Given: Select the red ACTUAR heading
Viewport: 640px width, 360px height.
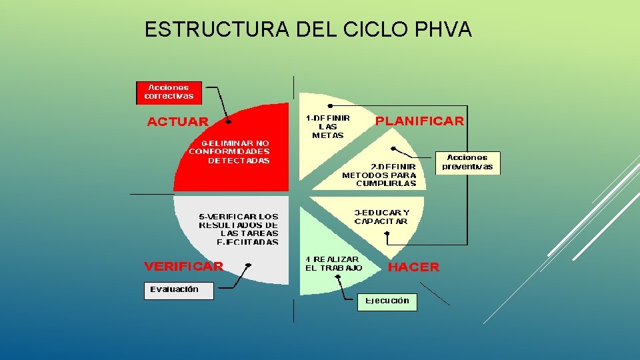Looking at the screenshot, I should (x=177, y=121).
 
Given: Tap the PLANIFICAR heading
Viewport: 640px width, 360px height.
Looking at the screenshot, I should (x=419, y=121).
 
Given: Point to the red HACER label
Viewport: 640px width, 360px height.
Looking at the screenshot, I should (x=413, y=267).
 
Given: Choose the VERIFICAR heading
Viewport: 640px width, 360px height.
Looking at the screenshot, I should (x=184, y=266).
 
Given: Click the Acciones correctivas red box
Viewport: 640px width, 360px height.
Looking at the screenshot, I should (x=169, y=92).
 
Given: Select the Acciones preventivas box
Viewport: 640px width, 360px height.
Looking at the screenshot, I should (x=467, y=163).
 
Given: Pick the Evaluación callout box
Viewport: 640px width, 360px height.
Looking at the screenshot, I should (x=179, y=290).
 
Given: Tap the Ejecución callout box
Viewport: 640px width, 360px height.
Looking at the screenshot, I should (x=387, y=301).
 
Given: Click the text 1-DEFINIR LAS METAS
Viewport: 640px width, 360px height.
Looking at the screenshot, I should (x=328, y=126).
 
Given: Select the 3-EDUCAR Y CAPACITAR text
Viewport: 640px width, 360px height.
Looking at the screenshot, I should (x=381, y=217).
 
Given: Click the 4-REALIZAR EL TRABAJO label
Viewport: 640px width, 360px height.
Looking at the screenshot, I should (x=333, y=263).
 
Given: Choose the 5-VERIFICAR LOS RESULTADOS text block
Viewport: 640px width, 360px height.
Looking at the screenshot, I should (x=239, y=229).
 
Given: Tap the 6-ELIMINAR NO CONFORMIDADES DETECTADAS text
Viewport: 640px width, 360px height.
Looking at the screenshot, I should (x=230, y=151).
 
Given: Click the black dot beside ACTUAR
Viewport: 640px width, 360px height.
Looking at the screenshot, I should (x=229, y=122).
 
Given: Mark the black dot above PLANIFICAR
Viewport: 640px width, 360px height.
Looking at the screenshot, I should (x=331, y=106).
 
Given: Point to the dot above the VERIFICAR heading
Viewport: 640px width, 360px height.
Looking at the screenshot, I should (x=248, y=265).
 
